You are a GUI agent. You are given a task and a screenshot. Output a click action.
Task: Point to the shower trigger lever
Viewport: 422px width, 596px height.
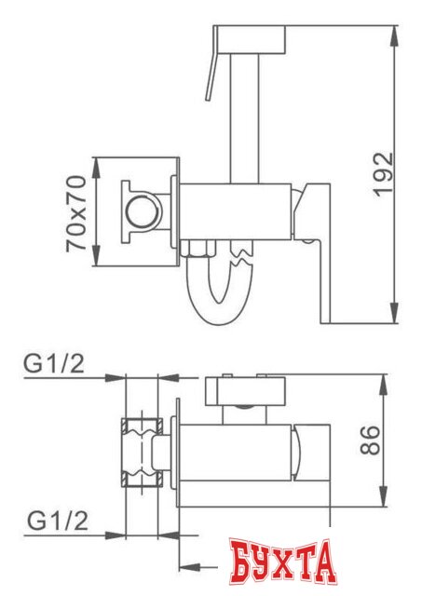tap(211, 77)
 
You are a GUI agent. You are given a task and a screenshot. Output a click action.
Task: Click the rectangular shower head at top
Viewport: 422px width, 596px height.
tap(248, 40)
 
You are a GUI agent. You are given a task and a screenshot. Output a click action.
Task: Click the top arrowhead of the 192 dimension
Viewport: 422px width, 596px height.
tap(394, 33)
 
